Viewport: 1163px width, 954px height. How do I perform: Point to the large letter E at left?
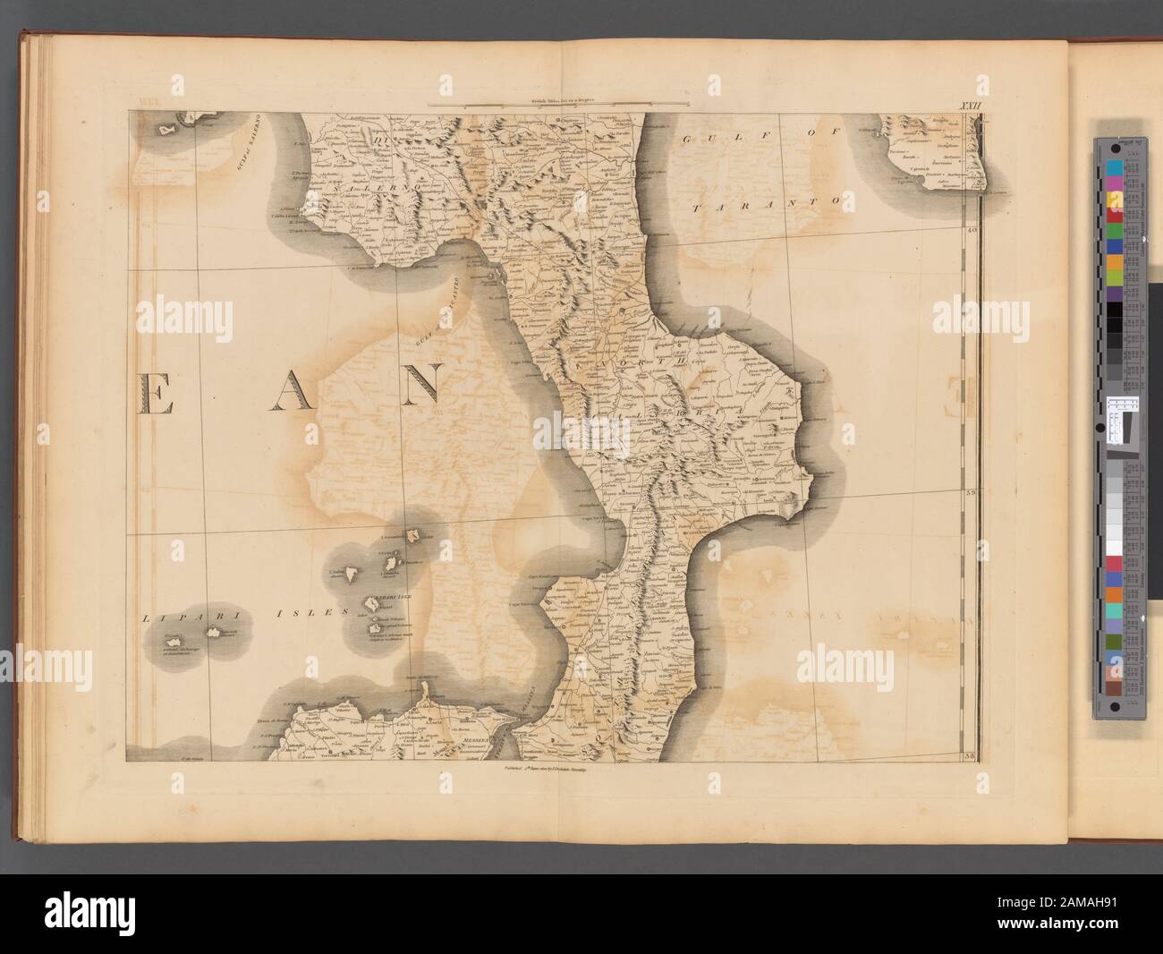(157, 393)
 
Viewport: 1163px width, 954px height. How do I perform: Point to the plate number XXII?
(959, 106)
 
